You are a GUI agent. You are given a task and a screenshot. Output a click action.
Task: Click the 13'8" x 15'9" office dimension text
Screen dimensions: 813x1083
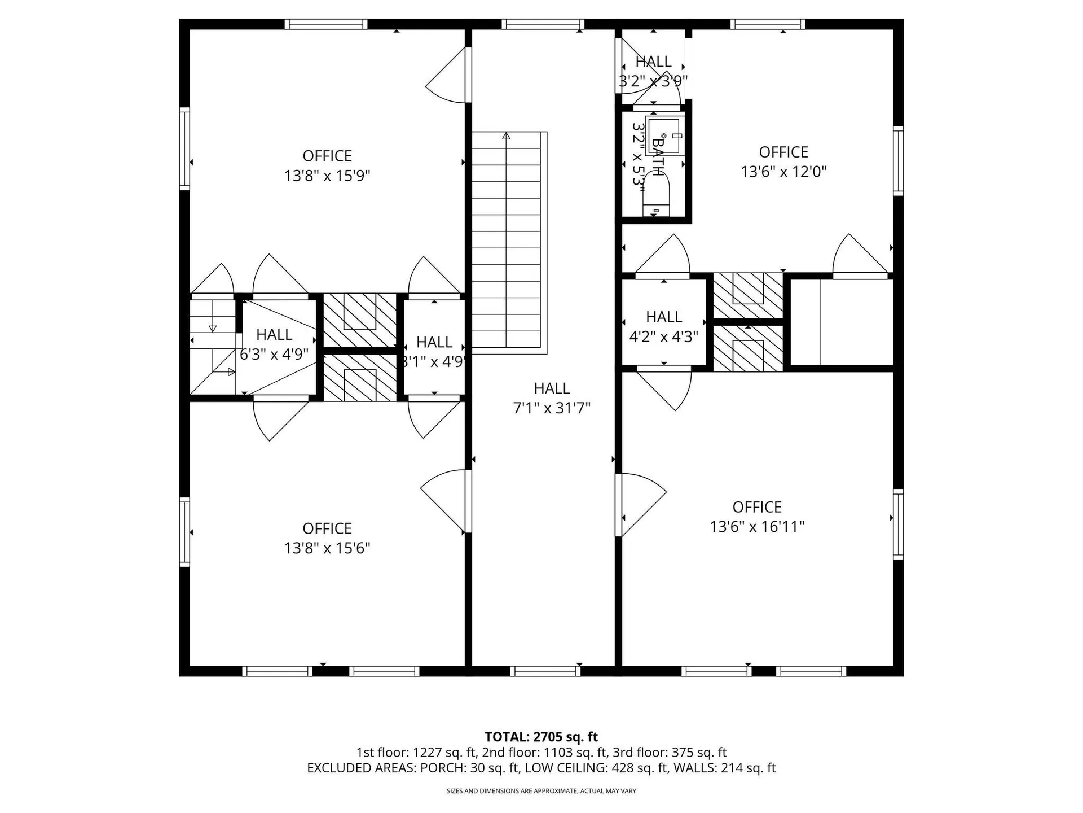coord(327,176)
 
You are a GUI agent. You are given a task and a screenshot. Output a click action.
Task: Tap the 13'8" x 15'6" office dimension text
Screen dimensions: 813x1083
coord(327,548)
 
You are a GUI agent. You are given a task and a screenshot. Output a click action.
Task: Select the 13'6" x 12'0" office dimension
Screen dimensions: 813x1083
coord(783,172)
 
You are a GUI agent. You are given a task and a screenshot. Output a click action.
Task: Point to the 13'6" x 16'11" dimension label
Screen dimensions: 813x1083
coord(757,527)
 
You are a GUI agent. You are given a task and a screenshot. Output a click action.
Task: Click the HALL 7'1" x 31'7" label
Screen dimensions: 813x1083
coord(552,398)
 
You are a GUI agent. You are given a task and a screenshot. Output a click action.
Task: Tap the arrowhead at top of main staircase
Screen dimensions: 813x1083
coord(506,136)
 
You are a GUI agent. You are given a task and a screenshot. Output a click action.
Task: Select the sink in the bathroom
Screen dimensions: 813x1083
coord(666,136)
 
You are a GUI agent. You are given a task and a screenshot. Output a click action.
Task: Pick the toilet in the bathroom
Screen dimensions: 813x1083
coord(655,195)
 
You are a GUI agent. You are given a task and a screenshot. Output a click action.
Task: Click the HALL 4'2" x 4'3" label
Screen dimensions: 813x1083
coord(664,326)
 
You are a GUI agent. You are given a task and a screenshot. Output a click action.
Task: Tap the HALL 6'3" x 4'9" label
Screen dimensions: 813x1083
coord(274,344)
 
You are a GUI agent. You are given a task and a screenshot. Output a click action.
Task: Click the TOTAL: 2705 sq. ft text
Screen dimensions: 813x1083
coord(541,737)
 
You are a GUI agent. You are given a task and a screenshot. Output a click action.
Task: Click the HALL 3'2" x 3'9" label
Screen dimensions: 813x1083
coord(653,71)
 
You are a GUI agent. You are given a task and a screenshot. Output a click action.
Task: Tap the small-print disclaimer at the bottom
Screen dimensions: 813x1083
coord(541,791)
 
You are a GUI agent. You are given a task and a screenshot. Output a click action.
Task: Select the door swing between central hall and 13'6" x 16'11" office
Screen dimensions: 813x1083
coord(641,504)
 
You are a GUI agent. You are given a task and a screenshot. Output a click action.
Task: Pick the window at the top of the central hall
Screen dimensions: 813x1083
coord(543,24)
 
